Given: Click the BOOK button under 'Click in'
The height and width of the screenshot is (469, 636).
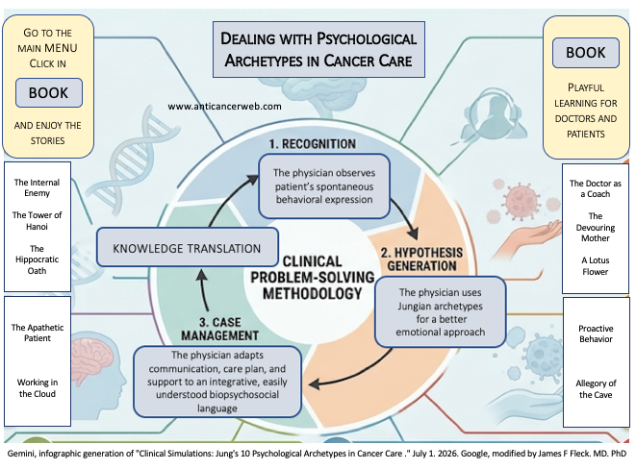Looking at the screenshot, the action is pyautogui.click(x=49, y=93).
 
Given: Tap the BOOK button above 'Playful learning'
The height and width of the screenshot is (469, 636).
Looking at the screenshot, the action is pyautogui.click(x=585, y=53).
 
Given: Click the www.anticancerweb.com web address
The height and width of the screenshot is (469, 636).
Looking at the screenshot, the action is pyautogui.click(x=225, y=107).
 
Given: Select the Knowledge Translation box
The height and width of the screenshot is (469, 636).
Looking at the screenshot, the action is pyautogui.click(x=188, y=247).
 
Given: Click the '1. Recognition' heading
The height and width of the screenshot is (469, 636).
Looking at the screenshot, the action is pyautogui.click(x=313, y=144).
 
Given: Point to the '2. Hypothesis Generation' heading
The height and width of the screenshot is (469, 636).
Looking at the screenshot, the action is pyautogui.click(x=421, y=259).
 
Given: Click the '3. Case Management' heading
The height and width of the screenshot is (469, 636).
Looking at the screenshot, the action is pyautogui.click(x=219, y=329).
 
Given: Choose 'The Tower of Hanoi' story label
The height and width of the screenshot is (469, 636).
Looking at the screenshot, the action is pyautogui.click(x=37, y=221).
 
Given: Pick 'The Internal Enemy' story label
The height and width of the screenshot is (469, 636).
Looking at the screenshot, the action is pyautogui.click(x=37, y=187).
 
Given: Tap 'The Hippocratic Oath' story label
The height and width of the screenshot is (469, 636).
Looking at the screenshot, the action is pyautogui.click(x=37, y=259).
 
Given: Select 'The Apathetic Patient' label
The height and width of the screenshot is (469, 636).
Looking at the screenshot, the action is pyautogui.click(x=38, y=333).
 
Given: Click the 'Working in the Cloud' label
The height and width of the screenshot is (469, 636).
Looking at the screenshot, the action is pyautogui.click(x=38, y=388).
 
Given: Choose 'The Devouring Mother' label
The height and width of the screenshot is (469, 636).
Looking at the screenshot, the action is pyautogui.click(x=596, y=227).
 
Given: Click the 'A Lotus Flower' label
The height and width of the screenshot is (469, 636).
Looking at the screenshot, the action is pyautogui.click(x=596, y=266).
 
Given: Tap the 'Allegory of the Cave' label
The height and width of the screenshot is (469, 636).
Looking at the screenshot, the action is pyautogui.click(x=596, y=389).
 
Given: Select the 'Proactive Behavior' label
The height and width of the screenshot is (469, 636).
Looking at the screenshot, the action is pyautogui.click(x=596, y=333).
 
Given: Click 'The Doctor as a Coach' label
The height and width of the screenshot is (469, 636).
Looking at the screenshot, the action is pyautogui.click(x=596, y=188).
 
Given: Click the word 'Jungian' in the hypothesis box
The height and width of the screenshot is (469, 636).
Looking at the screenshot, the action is pyautogui.click(x=415, y=307).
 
